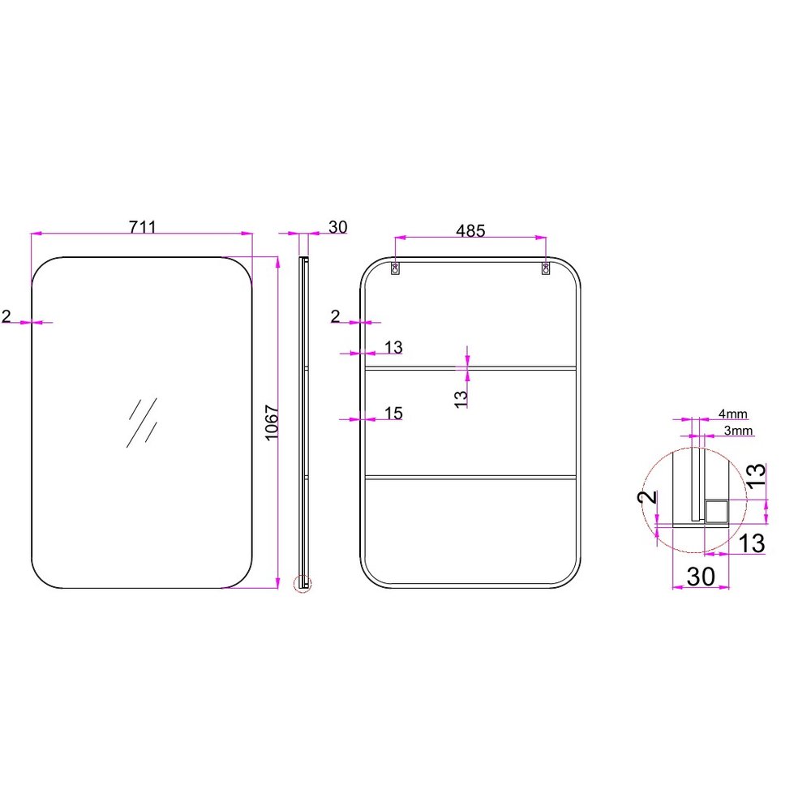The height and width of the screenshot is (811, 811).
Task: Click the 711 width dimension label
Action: pyautogui.click(x=142, y=227)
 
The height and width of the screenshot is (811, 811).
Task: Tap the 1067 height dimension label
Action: pyautogui.click(x=272, y=423)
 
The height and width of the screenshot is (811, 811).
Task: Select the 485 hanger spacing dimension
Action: pyautogui.click(x=470, y=230)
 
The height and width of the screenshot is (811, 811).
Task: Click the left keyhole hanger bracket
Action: pyautogui.click(x=396, y=268)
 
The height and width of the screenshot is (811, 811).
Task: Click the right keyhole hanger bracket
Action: pyautogui.click(x=545, y=268)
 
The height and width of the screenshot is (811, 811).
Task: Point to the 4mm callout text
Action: pyautogui.click(x=732, y=414)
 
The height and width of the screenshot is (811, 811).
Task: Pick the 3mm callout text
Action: pyautogui.click(x=737, y=431)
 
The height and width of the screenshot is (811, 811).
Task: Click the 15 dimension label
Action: pyautogui.click(x=393, y=414)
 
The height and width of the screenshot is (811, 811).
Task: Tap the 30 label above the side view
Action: pyautogui.click(x=337, y=227)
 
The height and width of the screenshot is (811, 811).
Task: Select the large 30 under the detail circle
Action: pyautogui.click(x=701, y=576)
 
